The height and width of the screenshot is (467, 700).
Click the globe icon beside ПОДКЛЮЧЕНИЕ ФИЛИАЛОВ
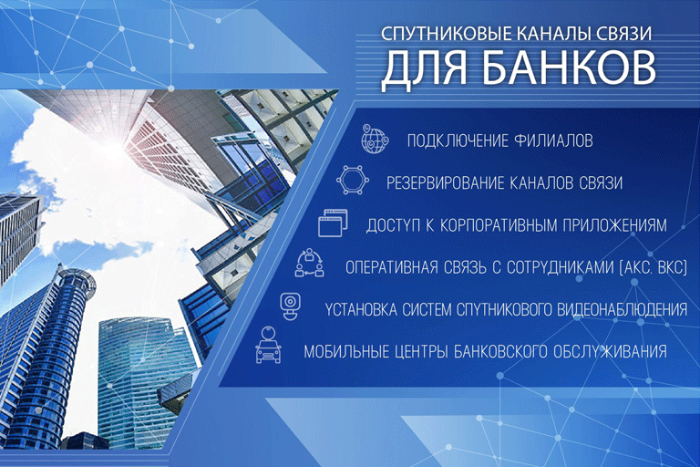click(x=374, y=140)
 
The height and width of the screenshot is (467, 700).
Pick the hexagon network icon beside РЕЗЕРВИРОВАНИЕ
click(x=353, y=181)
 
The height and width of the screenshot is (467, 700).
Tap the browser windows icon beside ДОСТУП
click(x=334, y=223)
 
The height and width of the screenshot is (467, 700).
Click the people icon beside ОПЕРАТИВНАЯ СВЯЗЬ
click(x=309, y=265)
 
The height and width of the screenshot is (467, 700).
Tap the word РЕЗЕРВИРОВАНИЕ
click(x=449, y=182)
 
